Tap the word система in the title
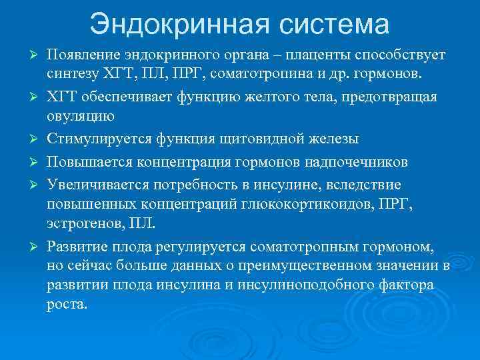[331, 24]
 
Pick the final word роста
[67, 305]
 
